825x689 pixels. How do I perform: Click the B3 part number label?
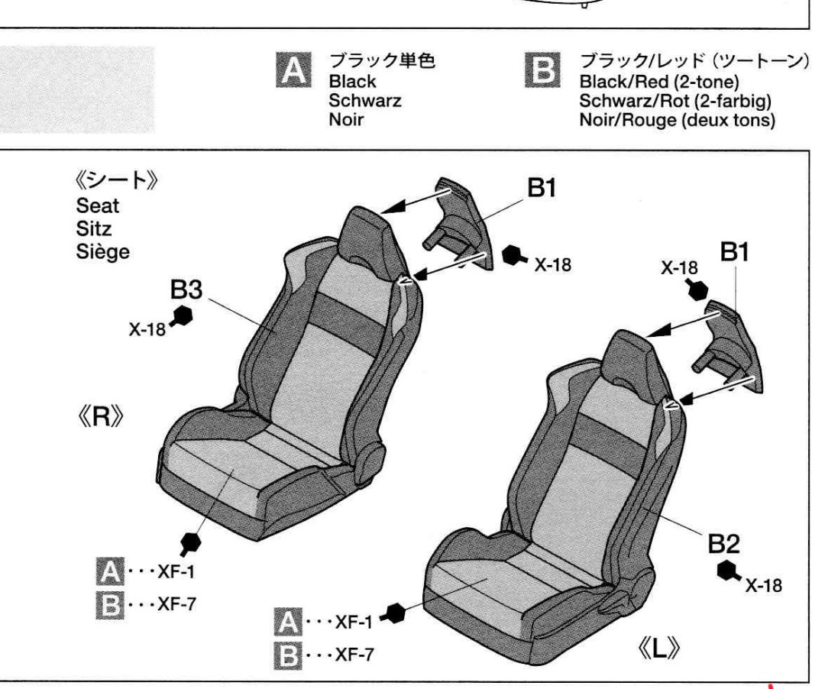pyautogui.click(x=186, y=290)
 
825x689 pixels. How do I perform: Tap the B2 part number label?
pyautogui.click(x=724, y=544)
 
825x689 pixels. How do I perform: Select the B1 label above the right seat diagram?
pyautogui.click(x=735, y=253)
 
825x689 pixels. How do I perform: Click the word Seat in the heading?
pyautogui.click(x=97, y=205)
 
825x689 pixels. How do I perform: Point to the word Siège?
pyautogui.click(x=102, y=251)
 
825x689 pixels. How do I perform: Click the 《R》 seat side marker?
pyautogui.click(x=101, y=417)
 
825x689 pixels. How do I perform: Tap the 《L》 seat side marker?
pyautogui.click(x=658, y=649)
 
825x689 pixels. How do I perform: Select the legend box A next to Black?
pyautogui.click(x=293, y=70)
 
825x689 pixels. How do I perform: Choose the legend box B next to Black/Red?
pyautogui.click(x=543, y=70)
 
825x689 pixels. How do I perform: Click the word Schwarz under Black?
pyautogui.click(x=364, y=100)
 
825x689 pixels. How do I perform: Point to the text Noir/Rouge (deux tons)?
pyautogui.click(x=677, y=120)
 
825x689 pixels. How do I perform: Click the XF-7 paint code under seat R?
pyautogui.click(x=176, y=603)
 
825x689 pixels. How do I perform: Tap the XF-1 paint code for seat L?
pyautogui.click(x=354, y=623)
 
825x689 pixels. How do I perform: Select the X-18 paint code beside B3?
pyautogui.click(x=147, y=329)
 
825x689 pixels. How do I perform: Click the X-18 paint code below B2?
pyautogui.click(x=763, y=585)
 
